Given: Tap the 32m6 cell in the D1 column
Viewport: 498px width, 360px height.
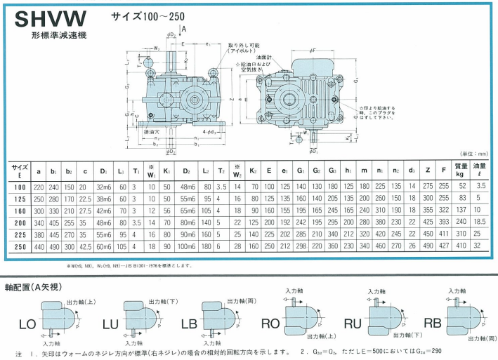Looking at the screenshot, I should (x=103, y=186).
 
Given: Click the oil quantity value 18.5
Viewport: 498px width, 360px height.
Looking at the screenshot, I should (x=480, y=221).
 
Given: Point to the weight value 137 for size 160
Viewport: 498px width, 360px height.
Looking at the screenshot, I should (x=461, y=209).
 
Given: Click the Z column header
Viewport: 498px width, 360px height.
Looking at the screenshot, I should (x=427, y=169).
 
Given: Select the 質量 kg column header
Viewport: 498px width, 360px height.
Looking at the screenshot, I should (x=461, y=169).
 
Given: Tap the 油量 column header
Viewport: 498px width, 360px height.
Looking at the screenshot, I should (x=480, y=169).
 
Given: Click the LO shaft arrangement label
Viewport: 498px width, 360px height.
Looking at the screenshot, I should (x=27, y=325).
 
